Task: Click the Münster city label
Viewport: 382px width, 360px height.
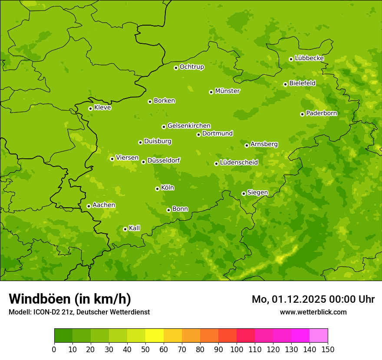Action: click(x=227, y=91)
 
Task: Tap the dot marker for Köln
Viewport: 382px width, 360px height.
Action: click(x=157, y=189)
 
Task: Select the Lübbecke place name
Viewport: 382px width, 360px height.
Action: click(x=309, y=58)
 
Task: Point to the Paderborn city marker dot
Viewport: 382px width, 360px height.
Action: click(x=302, y=114)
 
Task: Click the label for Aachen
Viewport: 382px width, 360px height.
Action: click(x=104, y=205)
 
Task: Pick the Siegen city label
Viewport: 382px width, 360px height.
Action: click(x=257, y=193)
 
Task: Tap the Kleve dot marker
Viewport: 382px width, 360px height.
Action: click(x=90, y=108)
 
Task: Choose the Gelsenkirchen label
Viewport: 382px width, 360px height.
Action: click(x=189, y=126)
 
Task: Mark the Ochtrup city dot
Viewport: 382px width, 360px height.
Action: click(x=176, y=68)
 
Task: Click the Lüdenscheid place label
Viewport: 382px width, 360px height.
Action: click(x=239, y=163)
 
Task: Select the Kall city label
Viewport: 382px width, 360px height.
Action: click(x=135, y=228)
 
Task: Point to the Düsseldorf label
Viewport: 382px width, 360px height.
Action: click(x=164, y=160)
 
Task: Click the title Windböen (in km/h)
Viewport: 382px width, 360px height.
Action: click(x=70, y=299)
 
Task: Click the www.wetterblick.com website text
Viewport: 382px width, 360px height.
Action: click(x=313, y=312)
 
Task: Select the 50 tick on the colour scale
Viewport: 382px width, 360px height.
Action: click(x=145, y=349)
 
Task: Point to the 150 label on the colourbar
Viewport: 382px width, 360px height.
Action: click(x=328, y=349)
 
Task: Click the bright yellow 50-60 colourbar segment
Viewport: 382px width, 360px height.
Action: click(x=155, y=336)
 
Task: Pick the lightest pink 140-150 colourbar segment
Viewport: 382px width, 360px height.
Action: click(x=319, y=336)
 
